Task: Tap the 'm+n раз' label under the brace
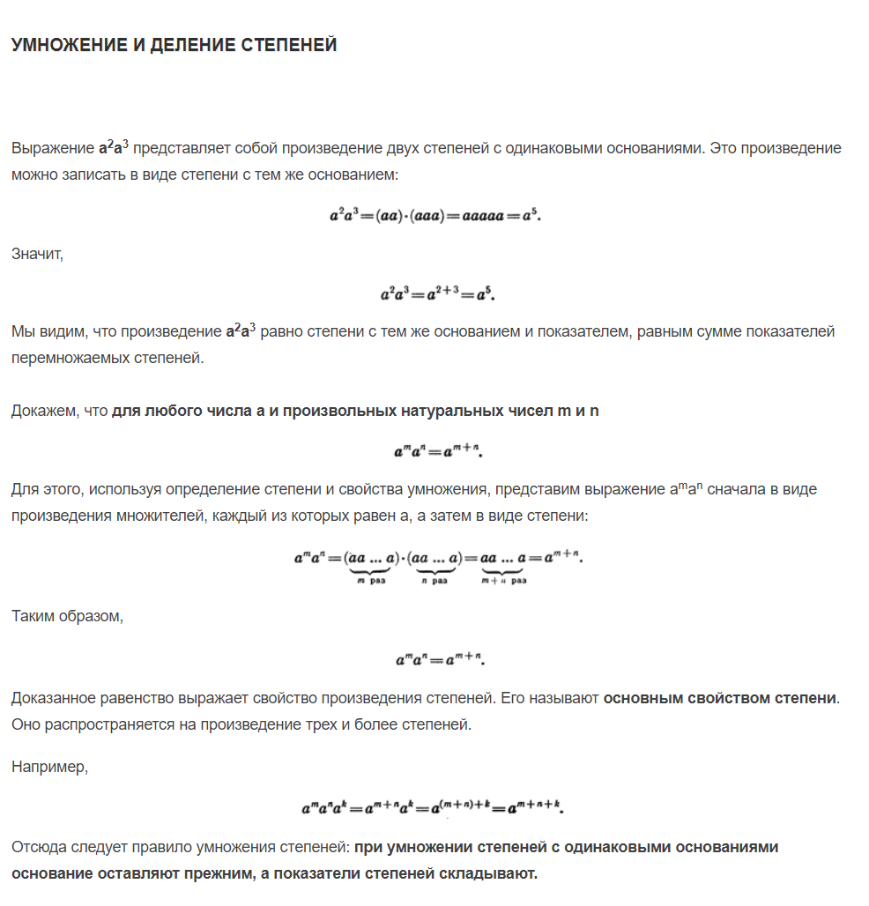coord(504,581)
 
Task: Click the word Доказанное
coord(53,698)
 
